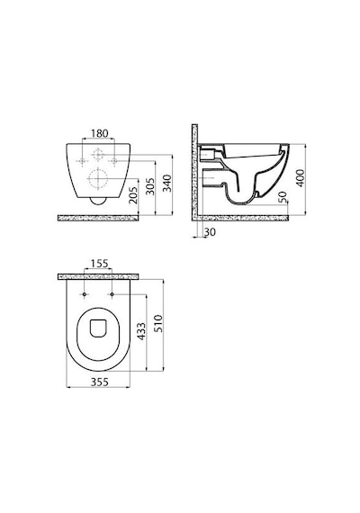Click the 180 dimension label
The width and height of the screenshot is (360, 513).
pos(99,133)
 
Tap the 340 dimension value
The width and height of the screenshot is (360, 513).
pos(167,184)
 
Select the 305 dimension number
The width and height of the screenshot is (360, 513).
pos(150,186)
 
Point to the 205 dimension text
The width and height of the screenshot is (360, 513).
pos(133,195)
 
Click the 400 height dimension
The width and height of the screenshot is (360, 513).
pos(300,178)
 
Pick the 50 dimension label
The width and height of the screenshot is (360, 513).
pos(283,197)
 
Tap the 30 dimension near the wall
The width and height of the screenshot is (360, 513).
pos(210,232)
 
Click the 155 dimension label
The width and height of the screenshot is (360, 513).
pos(99,264)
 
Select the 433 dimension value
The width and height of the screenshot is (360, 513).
pos(141,331)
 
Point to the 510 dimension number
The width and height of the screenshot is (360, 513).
pos(158,324)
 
